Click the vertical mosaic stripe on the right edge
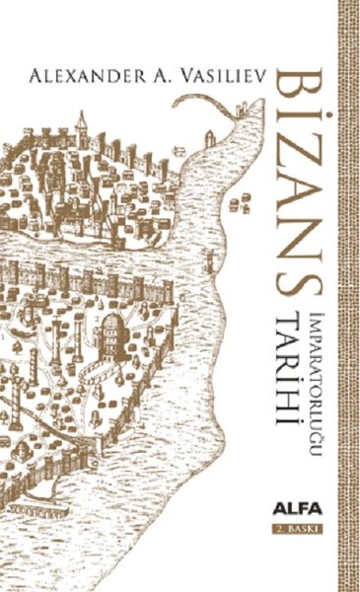(346, 296)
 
